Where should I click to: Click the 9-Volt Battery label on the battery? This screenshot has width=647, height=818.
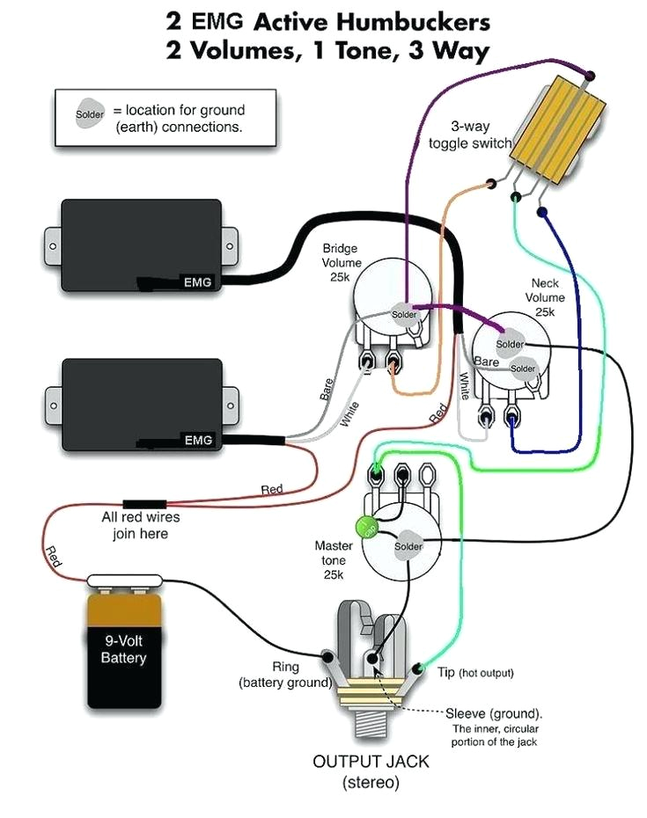pyautogui.click(x=123, y=649)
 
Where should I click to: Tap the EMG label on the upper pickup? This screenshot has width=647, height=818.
pyautogui.click(x=196, y=282)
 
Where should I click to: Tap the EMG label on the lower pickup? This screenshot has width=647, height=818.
pyautogui.click(x=196, y=440)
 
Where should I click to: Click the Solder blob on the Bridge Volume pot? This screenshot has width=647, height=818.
pyautogui.click(x=404, y=315)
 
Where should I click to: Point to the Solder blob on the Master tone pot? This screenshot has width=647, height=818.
pyautogui.click(x=408, y=546)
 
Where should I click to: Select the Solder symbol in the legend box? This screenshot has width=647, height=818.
pyautogui.click(x=89, y=115)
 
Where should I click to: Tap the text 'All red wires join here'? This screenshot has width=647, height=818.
pyautogui.click(x=135, y=525)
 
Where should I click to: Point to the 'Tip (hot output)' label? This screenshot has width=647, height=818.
pyautogui.click(x=475, y=673)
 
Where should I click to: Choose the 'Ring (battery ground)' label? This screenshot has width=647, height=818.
pyautogui.click(x=285, y=675)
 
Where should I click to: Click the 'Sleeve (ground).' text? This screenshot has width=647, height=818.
pyautogui.click(x=494, y=713)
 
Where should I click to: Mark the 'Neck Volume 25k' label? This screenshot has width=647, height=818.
pyautogui.click(x=545, y=297)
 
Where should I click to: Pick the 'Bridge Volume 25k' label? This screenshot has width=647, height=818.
pyautogui.click(x=340, y=261)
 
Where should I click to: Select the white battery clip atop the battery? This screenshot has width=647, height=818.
pyautogui.click(x=126, y=580)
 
